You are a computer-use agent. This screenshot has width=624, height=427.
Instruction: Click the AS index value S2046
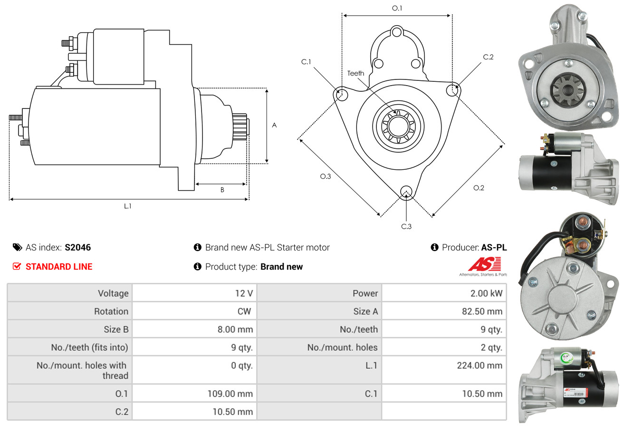pyautogui.click(x=77, y=247)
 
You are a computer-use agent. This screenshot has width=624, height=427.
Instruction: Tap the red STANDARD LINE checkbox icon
pyautogui.click(x=17, y=266)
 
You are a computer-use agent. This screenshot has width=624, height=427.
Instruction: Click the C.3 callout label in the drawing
pyautogui.click(x=406, y=226)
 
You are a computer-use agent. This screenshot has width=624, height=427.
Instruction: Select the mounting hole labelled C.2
pyautogui.click(x=453, y=89)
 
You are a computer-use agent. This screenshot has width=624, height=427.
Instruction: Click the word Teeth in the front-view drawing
pyautogui.click(x=355, y=73)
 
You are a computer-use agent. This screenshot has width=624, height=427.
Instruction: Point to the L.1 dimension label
pyautogui.click(x=128, y=206)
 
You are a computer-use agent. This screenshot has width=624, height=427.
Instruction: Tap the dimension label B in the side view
pyautogui.click(x=222, y=190)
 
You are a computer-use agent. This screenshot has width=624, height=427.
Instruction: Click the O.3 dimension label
pyautogui.click(x=325, y=176)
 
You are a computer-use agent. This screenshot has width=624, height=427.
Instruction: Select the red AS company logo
pyautogui.click(x=484, y=264)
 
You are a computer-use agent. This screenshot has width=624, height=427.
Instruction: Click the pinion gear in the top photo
pyautogui.click(x=566, y=88)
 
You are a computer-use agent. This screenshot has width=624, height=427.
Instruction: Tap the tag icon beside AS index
pyautogui.click(x=17, y=247)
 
